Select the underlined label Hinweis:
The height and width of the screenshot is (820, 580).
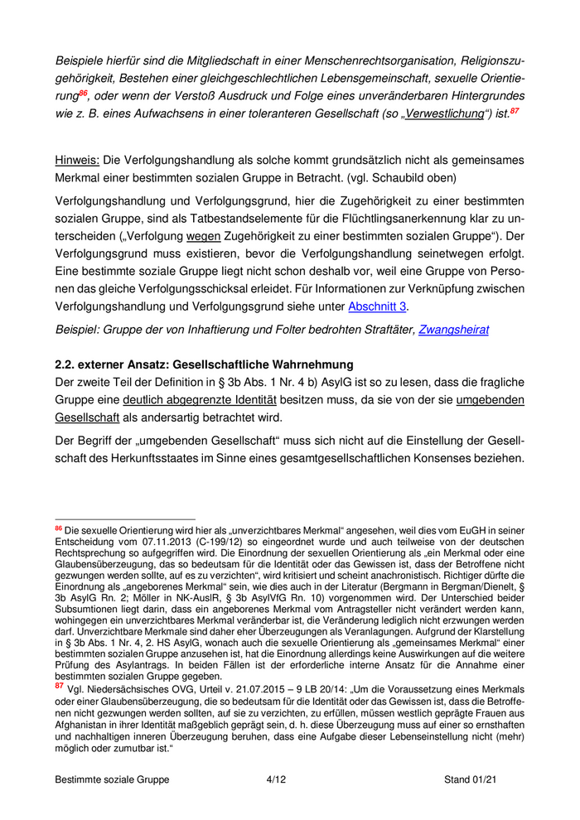76,159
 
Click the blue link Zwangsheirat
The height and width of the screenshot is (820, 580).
453,330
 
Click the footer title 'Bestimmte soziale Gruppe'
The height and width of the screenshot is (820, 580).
112,779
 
